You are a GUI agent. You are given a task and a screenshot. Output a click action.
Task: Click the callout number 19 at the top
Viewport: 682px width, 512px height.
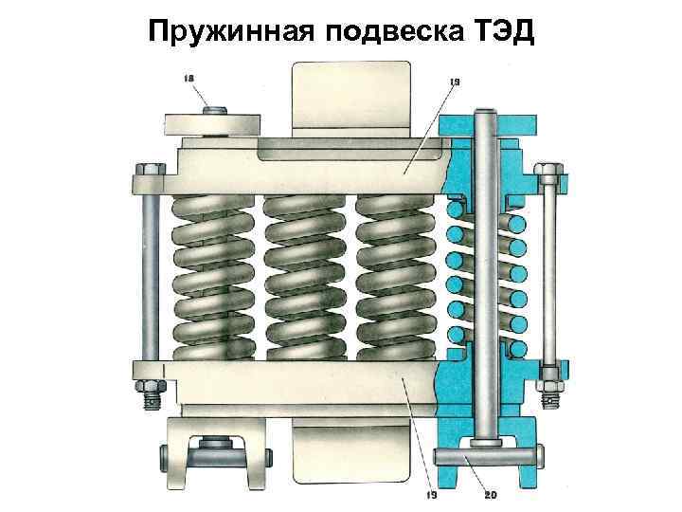454,83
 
